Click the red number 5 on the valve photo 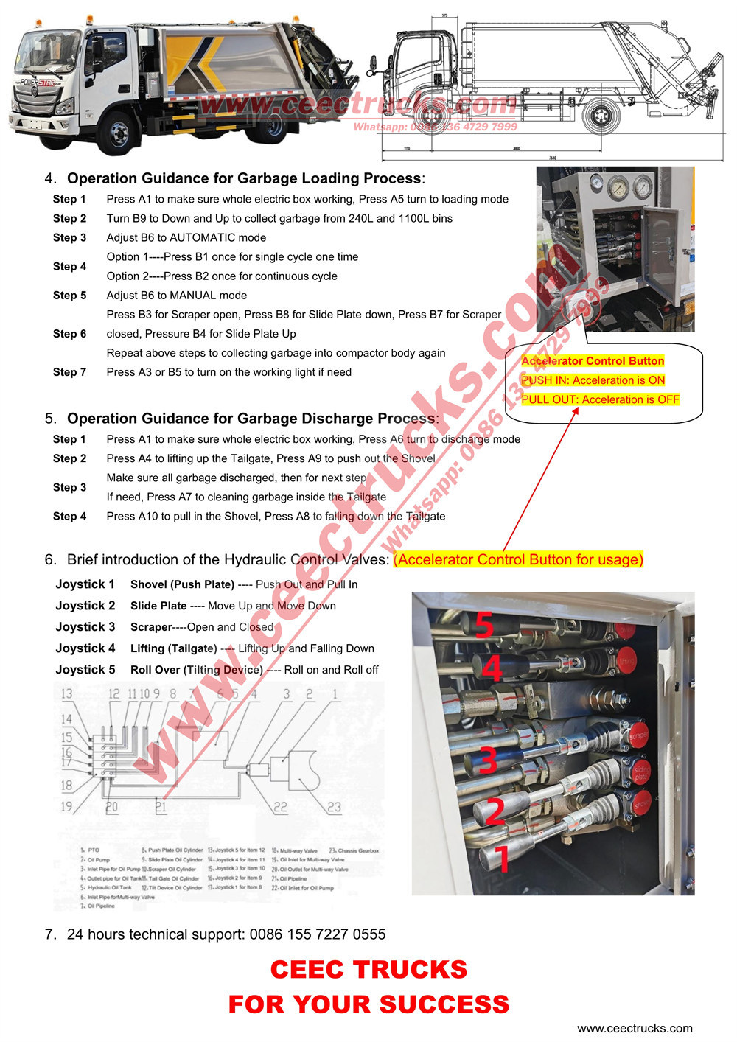click(x=483, y=624)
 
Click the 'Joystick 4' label click(x=85, y=648)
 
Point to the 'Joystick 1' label click(x=85, y=584)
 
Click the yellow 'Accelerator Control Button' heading click(x=593, y=361)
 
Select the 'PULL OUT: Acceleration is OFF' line click(x=600, y=399)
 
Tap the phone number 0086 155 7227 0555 click(x=317, y=934)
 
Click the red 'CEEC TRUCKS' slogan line click(x=368, y=970)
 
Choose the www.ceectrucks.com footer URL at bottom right click(x=635, y=1029)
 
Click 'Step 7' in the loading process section click(x=69, y=372)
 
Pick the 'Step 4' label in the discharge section click(x=69, y=517)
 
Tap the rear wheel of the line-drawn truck click(x=602, y=116)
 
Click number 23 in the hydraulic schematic click(x=334, y=807)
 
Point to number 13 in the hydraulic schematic click(x=66, y=693)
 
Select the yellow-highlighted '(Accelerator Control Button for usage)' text click(x=518, y=560)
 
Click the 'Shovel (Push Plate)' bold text click(x=182, y=584)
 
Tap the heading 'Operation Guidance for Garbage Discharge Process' click(x=251, y=419)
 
